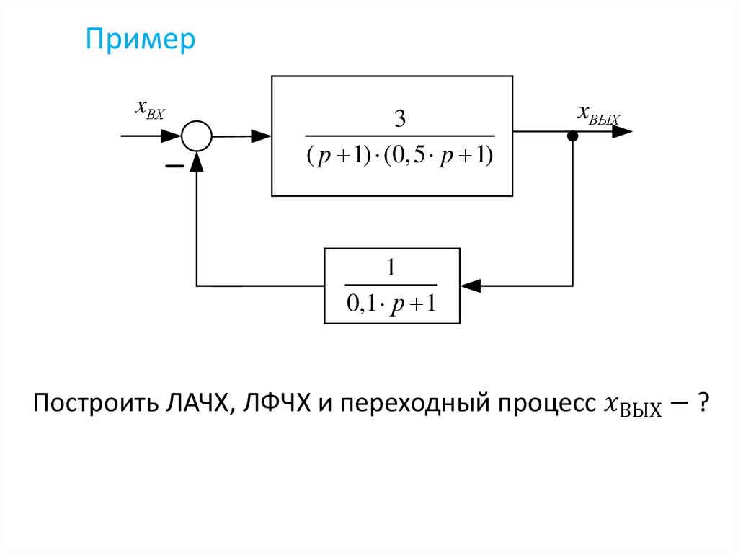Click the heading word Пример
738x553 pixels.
coord(140,40)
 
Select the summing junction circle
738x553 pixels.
coord(195,136)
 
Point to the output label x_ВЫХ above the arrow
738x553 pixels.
coord(598,113)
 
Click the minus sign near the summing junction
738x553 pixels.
coord(174,167)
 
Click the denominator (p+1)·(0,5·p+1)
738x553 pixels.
coord(399,156)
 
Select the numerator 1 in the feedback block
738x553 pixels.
coord(391,269)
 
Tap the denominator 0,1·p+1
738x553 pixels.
coord(391,304)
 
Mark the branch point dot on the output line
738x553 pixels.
coord(572,136)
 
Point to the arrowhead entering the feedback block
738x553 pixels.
coord(469,286)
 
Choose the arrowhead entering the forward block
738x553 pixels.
coord(262,136)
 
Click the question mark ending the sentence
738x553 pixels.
coord(701,404)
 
